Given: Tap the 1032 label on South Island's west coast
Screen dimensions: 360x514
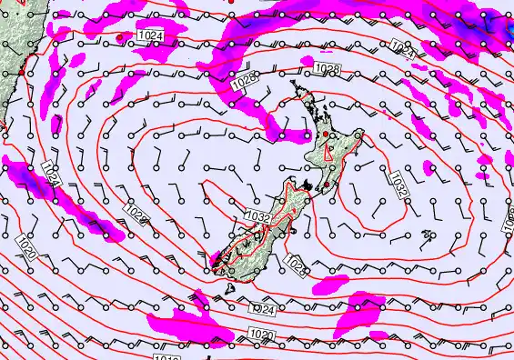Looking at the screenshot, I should [x=257, y=216].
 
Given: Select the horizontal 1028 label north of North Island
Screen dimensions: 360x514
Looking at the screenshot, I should [x=327, y=69].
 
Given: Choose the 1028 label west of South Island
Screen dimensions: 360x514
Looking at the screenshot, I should [x=136, y=215].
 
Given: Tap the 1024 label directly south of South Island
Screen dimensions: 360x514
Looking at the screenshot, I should [x=264, y=310].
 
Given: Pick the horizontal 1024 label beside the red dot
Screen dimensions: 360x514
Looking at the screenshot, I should [x=152, y=35].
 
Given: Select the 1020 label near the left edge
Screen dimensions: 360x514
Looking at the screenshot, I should [x=26, y=245].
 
